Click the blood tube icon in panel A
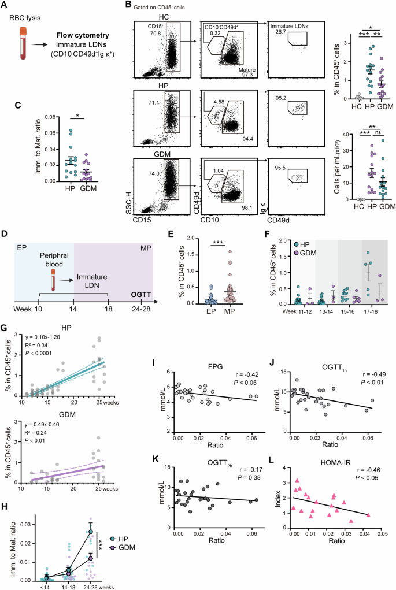point(21,46)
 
